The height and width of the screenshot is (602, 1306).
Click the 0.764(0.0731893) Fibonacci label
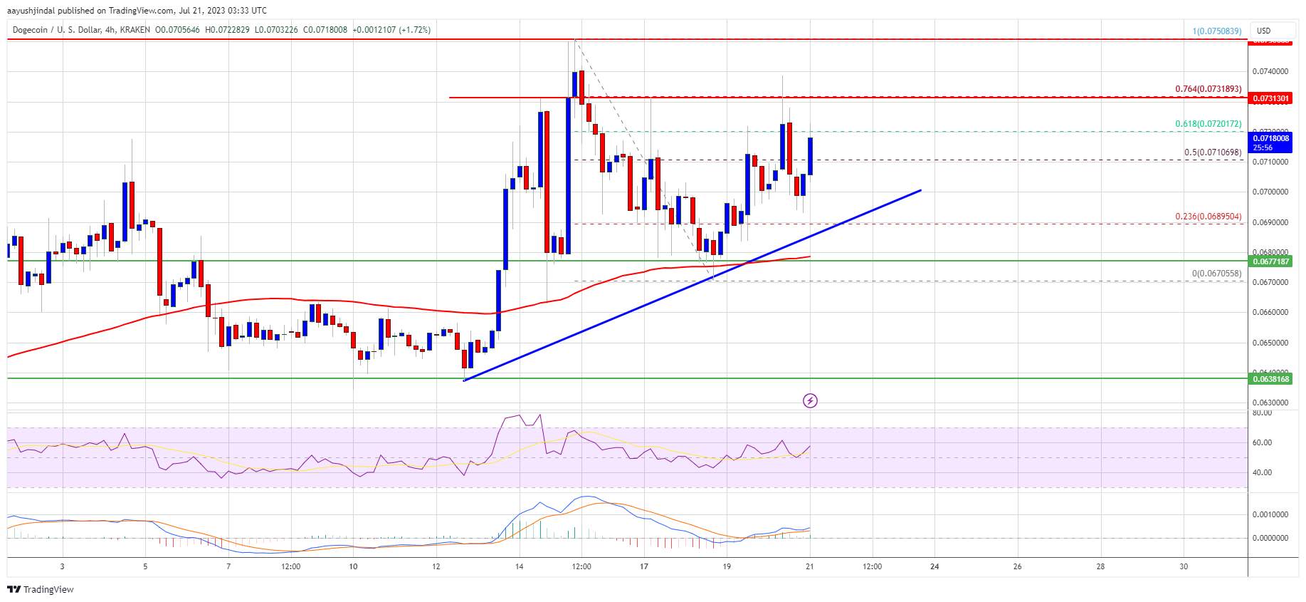point(1208,89)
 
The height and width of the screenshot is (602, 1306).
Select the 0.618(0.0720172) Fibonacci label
point(1208,124)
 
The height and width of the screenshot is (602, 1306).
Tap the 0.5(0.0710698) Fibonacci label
point(1212,152)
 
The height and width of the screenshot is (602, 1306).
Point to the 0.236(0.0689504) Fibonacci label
point(1208,217)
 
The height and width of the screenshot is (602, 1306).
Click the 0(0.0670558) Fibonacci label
point(1216,274)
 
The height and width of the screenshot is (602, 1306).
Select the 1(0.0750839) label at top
point(1216,31)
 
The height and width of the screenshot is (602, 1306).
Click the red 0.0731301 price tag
point(1270,98)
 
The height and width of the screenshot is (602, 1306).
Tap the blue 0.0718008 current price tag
point(1270,139)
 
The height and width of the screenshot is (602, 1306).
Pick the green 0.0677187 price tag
point(1270,261)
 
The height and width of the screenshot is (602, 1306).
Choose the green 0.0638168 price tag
point(1270,379)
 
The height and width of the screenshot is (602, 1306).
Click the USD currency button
point(1264,31)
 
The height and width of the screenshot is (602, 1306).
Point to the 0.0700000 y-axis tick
point(1270,192)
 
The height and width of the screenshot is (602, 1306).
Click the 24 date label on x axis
point(934,567)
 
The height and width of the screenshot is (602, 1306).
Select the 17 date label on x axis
point(643,567)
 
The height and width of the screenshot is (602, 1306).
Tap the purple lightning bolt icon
point(810,401)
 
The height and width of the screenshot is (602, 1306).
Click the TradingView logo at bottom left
point(41,589)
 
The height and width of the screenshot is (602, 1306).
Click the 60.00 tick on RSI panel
point(1262,442)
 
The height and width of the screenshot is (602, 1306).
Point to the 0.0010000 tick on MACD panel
point(1270,514)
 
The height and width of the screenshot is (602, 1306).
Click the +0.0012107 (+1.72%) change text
point(391,30)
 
